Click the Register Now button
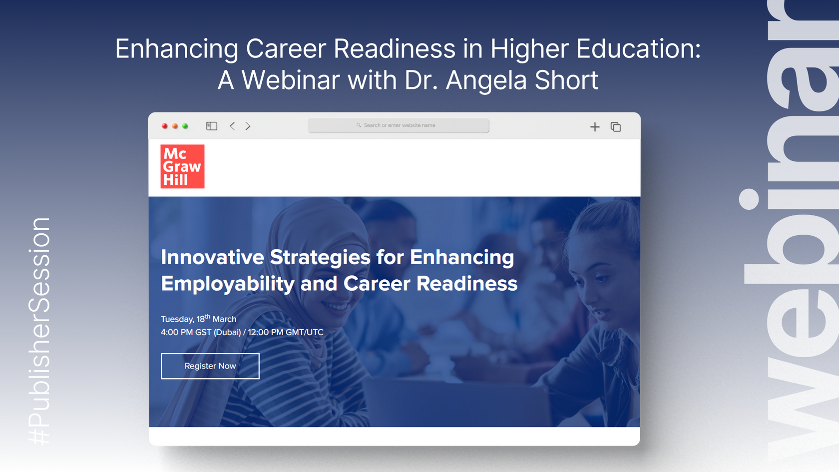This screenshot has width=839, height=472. [210, 366]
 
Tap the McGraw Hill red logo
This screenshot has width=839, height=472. [182, 166]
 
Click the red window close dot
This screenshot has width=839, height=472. [164, 126]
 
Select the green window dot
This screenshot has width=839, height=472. [185, 126]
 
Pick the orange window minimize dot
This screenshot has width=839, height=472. [175, 126]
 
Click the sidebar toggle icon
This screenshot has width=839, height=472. [212, 126]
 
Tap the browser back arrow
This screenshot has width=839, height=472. [232, 126]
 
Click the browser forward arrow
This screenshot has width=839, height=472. [248, 126]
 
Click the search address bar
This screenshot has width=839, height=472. [398, 125]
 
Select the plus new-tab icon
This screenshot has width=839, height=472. [595, 127]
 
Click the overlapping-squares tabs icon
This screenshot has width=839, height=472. [616, 127]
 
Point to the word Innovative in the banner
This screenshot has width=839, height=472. [212, 257]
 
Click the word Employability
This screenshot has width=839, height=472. [228, 284]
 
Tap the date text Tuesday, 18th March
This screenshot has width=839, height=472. [199, 319]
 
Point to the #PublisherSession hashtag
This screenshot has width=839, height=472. [39, 331]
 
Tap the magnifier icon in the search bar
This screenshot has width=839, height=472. [359, 125]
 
